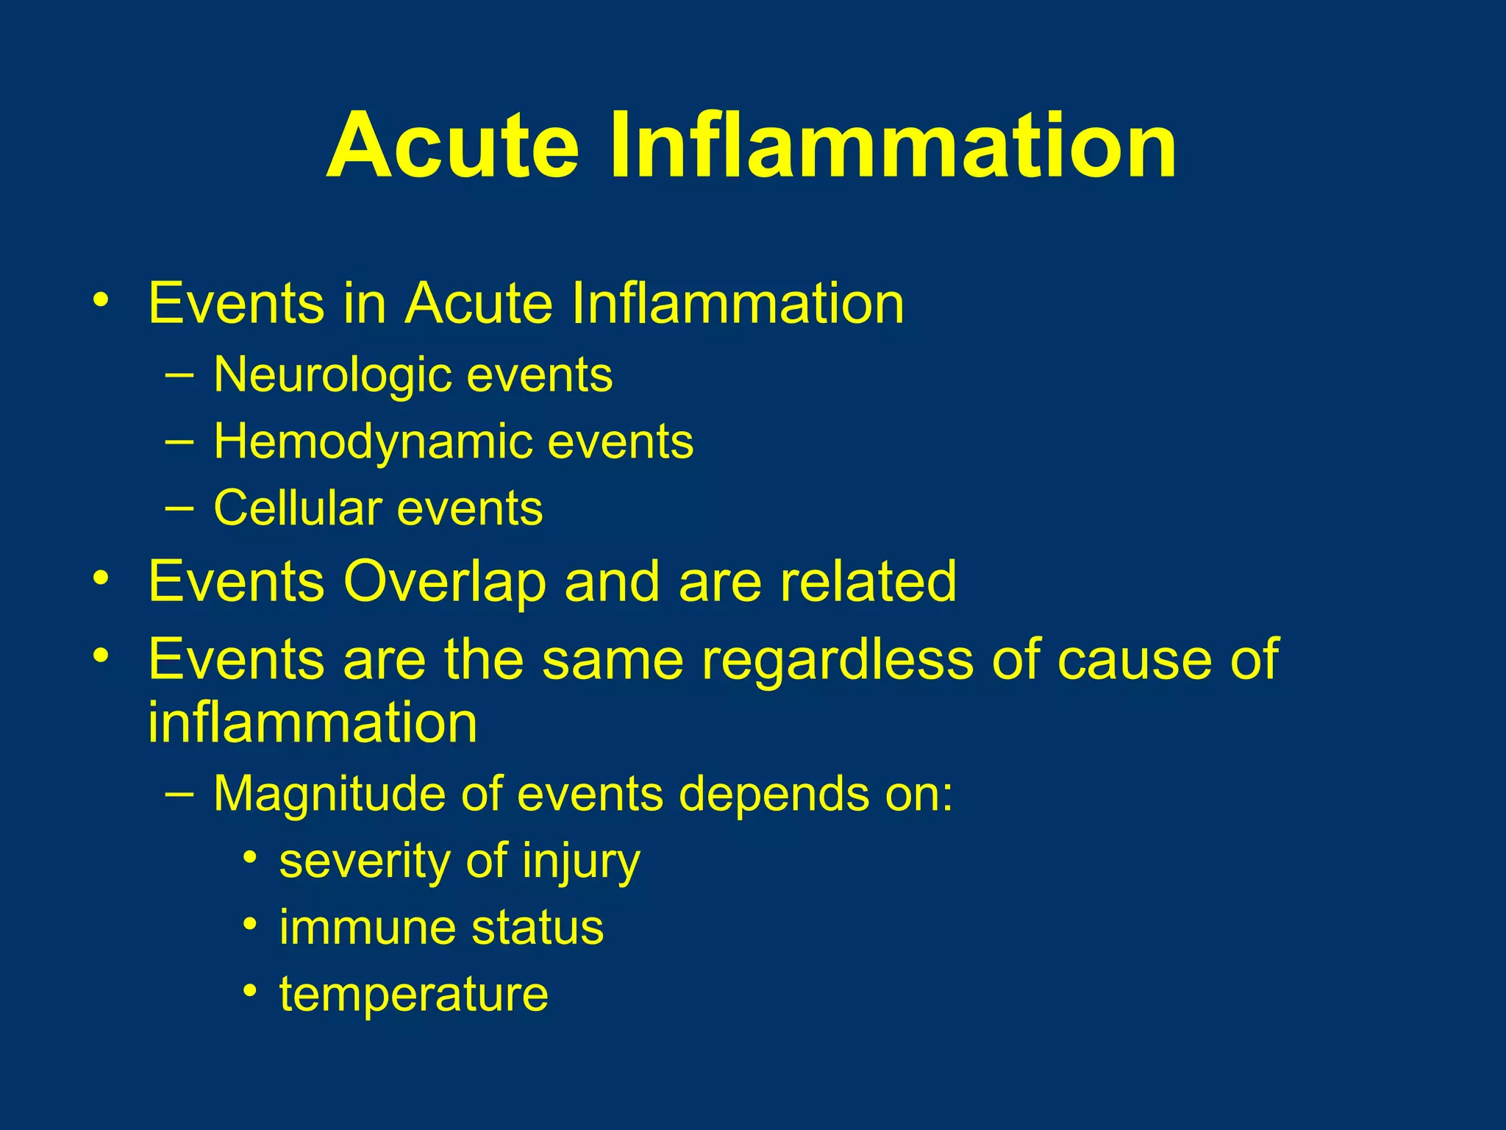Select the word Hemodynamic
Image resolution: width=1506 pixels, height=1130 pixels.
coord(372,442)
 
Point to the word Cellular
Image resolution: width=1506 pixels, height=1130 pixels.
coord(298,508)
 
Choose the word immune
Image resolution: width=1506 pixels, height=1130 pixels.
coord(368,928)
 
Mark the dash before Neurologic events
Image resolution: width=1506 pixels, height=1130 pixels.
coord(179,374)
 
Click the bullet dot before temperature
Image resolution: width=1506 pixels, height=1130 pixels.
coord(251,990)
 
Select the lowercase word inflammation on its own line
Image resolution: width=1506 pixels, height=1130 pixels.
coord(313,723)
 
